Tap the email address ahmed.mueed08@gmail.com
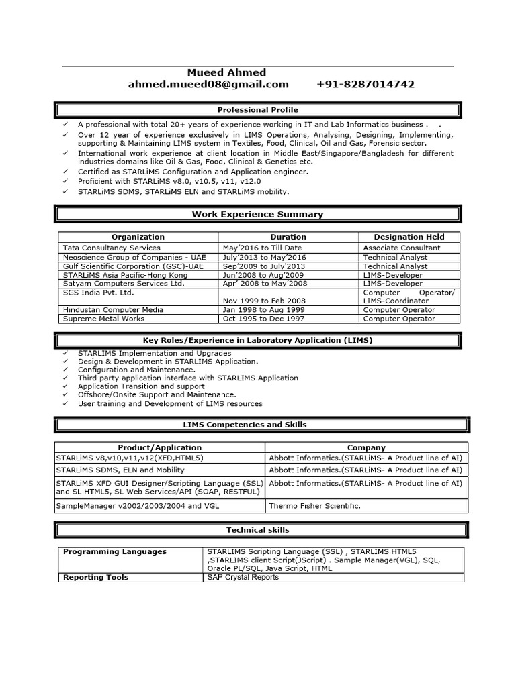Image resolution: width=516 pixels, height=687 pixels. tap(208, 85)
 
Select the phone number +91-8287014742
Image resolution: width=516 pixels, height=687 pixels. tap(365, 85)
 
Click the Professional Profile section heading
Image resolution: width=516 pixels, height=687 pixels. tap(257, 110)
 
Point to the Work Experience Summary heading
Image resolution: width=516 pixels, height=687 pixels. tap(257, 215)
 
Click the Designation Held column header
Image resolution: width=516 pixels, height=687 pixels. tap(408, 237)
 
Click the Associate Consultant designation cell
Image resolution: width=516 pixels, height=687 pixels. tap(402, 248)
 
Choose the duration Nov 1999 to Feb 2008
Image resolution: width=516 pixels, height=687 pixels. tap(264, 301)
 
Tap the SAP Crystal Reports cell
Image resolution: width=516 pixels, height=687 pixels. tap(243, 577)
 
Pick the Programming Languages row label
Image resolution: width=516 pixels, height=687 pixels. tap(115, 551)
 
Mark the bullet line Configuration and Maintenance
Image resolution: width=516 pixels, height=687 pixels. tap(136, 370)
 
